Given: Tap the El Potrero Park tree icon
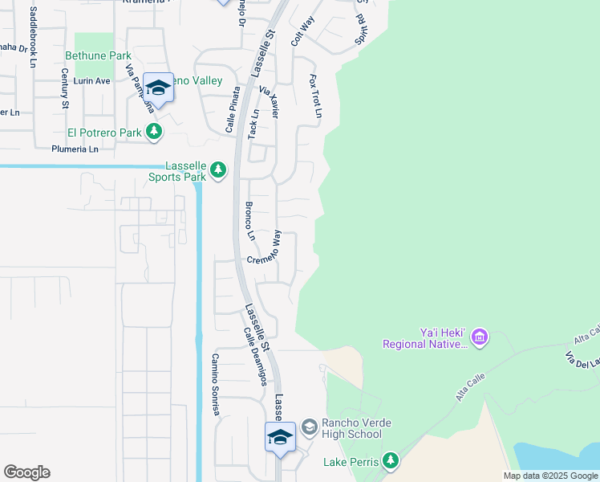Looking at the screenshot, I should (x=154, y=132).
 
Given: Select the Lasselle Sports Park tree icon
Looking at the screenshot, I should (x=218, y=170).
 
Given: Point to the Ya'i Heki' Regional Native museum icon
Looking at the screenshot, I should (x=480, y=337).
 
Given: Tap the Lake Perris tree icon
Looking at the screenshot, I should (x=390, y=461).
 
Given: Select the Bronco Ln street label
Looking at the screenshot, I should (x=249, y=221).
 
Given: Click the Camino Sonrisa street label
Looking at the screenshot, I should (x=216, y=385).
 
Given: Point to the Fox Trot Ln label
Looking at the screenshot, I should (x=315, y=96).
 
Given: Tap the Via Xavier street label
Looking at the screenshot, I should (x=268, y=102).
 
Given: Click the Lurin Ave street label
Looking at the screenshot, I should (x=91, y=81).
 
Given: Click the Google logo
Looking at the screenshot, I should (x=27, y=472).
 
